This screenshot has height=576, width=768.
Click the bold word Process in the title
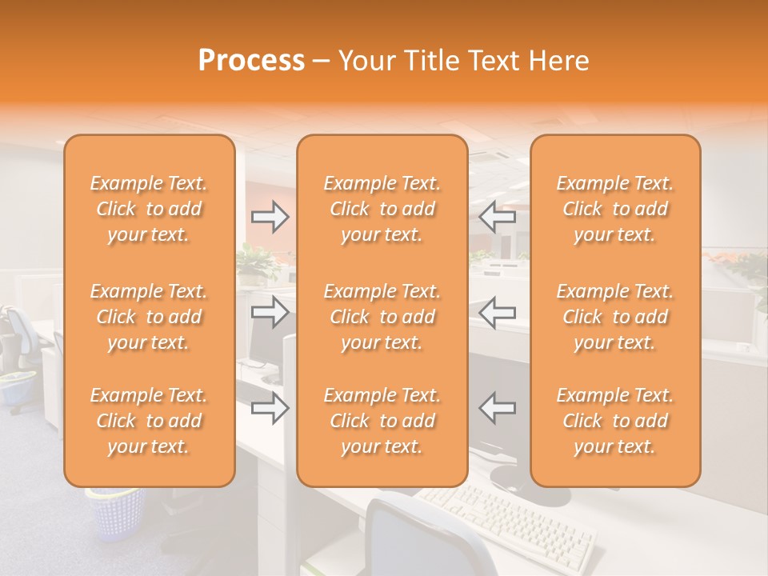(251, 61)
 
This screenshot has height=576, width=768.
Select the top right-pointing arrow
(270, 217)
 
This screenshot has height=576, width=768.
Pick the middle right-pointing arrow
(270, 312)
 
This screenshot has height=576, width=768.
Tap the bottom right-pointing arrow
(270, 408)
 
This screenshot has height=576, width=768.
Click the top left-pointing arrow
(497, 217)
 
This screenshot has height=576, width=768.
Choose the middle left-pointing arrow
(497, 312)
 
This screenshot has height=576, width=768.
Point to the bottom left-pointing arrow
(497, 408)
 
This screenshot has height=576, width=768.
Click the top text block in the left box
(149, 209)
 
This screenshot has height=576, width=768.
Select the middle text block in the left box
(149, 317)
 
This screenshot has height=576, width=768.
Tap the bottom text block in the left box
(149, 421)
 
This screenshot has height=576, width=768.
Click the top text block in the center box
(382, 209)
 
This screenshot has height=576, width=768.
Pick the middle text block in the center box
(382, 317)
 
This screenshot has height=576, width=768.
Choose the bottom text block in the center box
(382, 421)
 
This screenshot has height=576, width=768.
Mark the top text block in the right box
(614, 209)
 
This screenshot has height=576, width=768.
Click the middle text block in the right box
(614, 317)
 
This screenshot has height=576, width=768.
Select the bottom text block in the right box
(614, 421)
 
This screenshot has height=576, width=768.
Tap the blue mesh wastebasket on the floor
(116, 512)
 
